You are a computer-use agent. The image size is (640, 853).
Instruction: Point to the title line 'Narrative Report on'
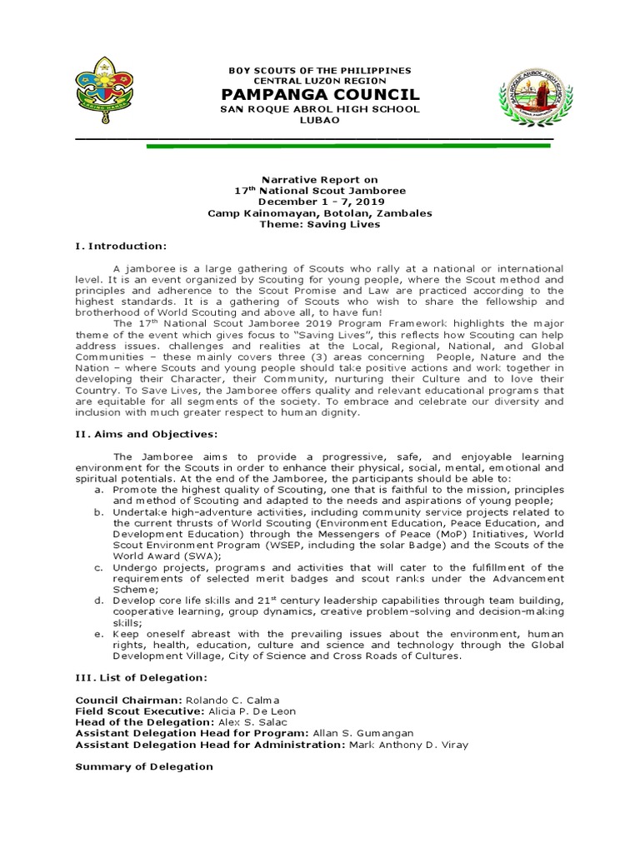[319, 179]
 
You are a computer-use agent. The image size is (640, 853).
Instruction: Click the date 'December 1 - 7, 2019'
[319, 202]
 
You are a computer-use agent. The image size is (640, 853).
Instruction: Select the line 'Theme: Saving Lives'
[319, 224]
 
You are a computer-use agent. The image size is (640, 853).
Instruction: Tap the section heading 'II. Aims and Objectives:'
[147, 434]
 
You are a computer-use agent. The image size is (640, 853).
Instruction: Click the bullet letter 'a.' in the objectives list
[98, 490]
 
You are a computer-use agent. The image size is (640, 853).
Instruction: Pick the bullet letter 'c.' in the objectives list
[98, 567]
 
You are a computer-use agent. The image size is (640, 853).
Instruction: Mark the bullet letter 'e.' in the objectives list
[98, 634]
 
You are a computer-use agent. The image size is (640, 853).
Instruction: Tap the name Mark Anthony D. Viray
[407, 745]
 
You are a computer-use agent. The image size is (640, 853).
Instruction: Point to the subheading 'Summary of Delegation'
[144, 766]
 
